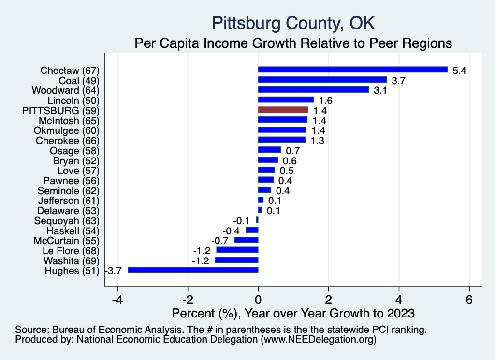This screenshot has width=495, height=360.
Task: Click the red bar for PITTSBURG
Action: click(283, 110)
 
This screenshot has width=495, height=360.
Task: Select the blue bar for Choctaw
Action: click(353, 70)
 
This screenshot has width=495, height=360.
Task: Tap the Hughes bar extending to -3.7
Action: click(193, 270)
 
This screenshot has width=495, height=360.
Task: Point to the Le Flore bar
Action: click(237, 250)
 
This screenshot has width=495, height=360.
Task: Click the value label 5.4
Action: click(459, 71)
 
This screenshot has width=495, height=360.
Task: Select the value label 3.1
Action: click(380, 90)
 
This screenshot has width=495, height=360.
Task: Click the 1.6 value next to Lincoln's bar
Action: click(325, 101)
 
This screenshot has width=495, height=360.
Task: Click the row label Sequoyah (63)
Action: click(68, 220)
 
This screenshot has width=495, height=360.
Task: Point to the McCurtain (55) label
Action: click(66, 240)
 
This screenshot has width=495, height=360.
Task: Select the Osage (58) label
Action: click(74, 150)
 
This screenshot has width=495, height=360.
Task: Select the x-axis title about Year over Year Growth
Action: click(293, 313)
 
